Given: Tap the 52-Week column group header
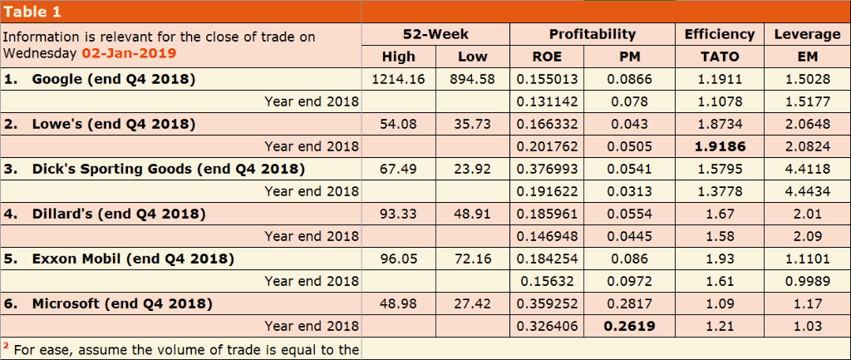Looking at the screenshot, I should tap(435, 34).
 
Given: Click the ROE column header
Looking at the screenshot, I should tap(546, 57).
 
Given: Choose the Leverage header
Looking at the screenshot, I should tap(807, 34).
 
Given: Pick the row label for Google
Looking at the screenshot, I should tap(113, 80).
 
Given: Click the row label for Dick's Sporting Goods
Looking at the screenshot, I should tap(168, 169).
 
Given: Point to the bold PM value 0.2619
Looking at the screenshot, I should tap(629, 326).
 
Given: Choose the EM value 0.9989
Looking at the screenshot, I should tap(806, 281).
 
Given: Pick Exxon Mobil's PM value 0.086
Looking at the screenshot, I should tap(629, 259).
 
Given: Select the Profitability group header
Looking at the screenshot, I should tap(592, 34).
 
